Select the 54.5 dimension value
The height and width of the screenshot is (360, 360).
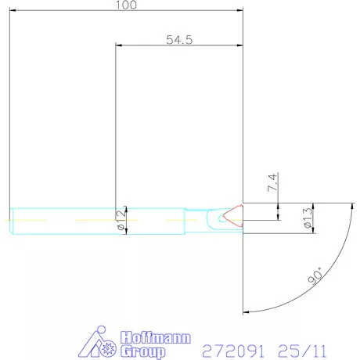179,39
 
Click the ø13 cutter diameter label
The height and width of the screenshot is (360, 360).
308,218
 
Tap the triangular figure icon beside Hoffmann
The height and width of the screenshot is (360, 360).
99,342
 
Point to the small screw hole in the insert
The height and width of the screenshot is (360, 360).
225,220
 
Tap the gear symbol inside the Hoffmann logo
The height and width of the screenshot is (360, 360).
108,347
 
